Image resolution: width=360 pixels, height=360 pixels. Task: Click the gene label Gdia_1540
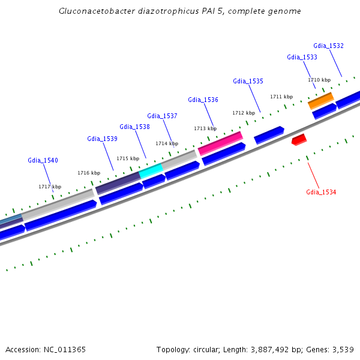pos(43,160)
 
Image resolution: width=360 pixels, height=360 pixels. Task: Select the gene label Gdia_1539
pos(102,139)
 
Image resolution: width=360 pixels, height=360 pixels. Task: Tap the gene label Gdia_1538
pos(134,127)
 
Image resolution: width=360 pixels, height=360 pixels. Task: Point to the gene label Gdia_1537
pos(162,116)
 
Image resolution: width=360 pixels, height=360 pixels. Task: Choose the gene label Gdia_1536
pos(203,100)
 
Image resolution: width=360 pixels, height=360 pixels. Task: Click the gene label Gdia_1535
pos(248,81)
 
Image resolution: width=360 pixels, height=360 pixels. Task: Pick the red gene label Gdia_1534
pos(321,192)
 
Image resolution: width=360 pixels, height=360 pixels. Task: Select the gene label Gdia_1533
pos(302,57)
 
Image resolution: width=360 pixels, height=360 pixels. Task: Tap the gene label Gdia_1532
pos(328,46)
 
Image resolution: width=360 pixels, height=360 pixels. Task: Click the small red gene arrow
pos(299,140)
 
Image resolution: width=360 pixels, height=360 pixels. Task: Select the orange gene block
pos(321,100)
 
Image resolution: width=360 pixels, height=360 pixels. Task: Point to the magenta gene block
pos(220,143)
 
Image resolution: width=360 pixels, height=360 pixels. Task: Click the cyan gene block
pos(151,171)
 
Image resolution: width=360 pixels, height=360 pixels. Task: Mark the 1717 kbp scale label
pos(50,187)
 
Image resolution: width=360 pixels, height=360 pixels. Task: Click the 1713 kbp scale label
pos(205,128)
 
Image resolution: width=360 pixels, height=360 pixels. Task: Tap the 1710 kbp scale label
pos(319,80)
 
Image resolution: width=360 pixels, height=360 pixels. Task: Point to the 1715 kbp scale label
pos(128,158)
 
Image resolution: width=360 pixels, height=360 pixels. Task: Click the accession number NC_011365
pos(64,349)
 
